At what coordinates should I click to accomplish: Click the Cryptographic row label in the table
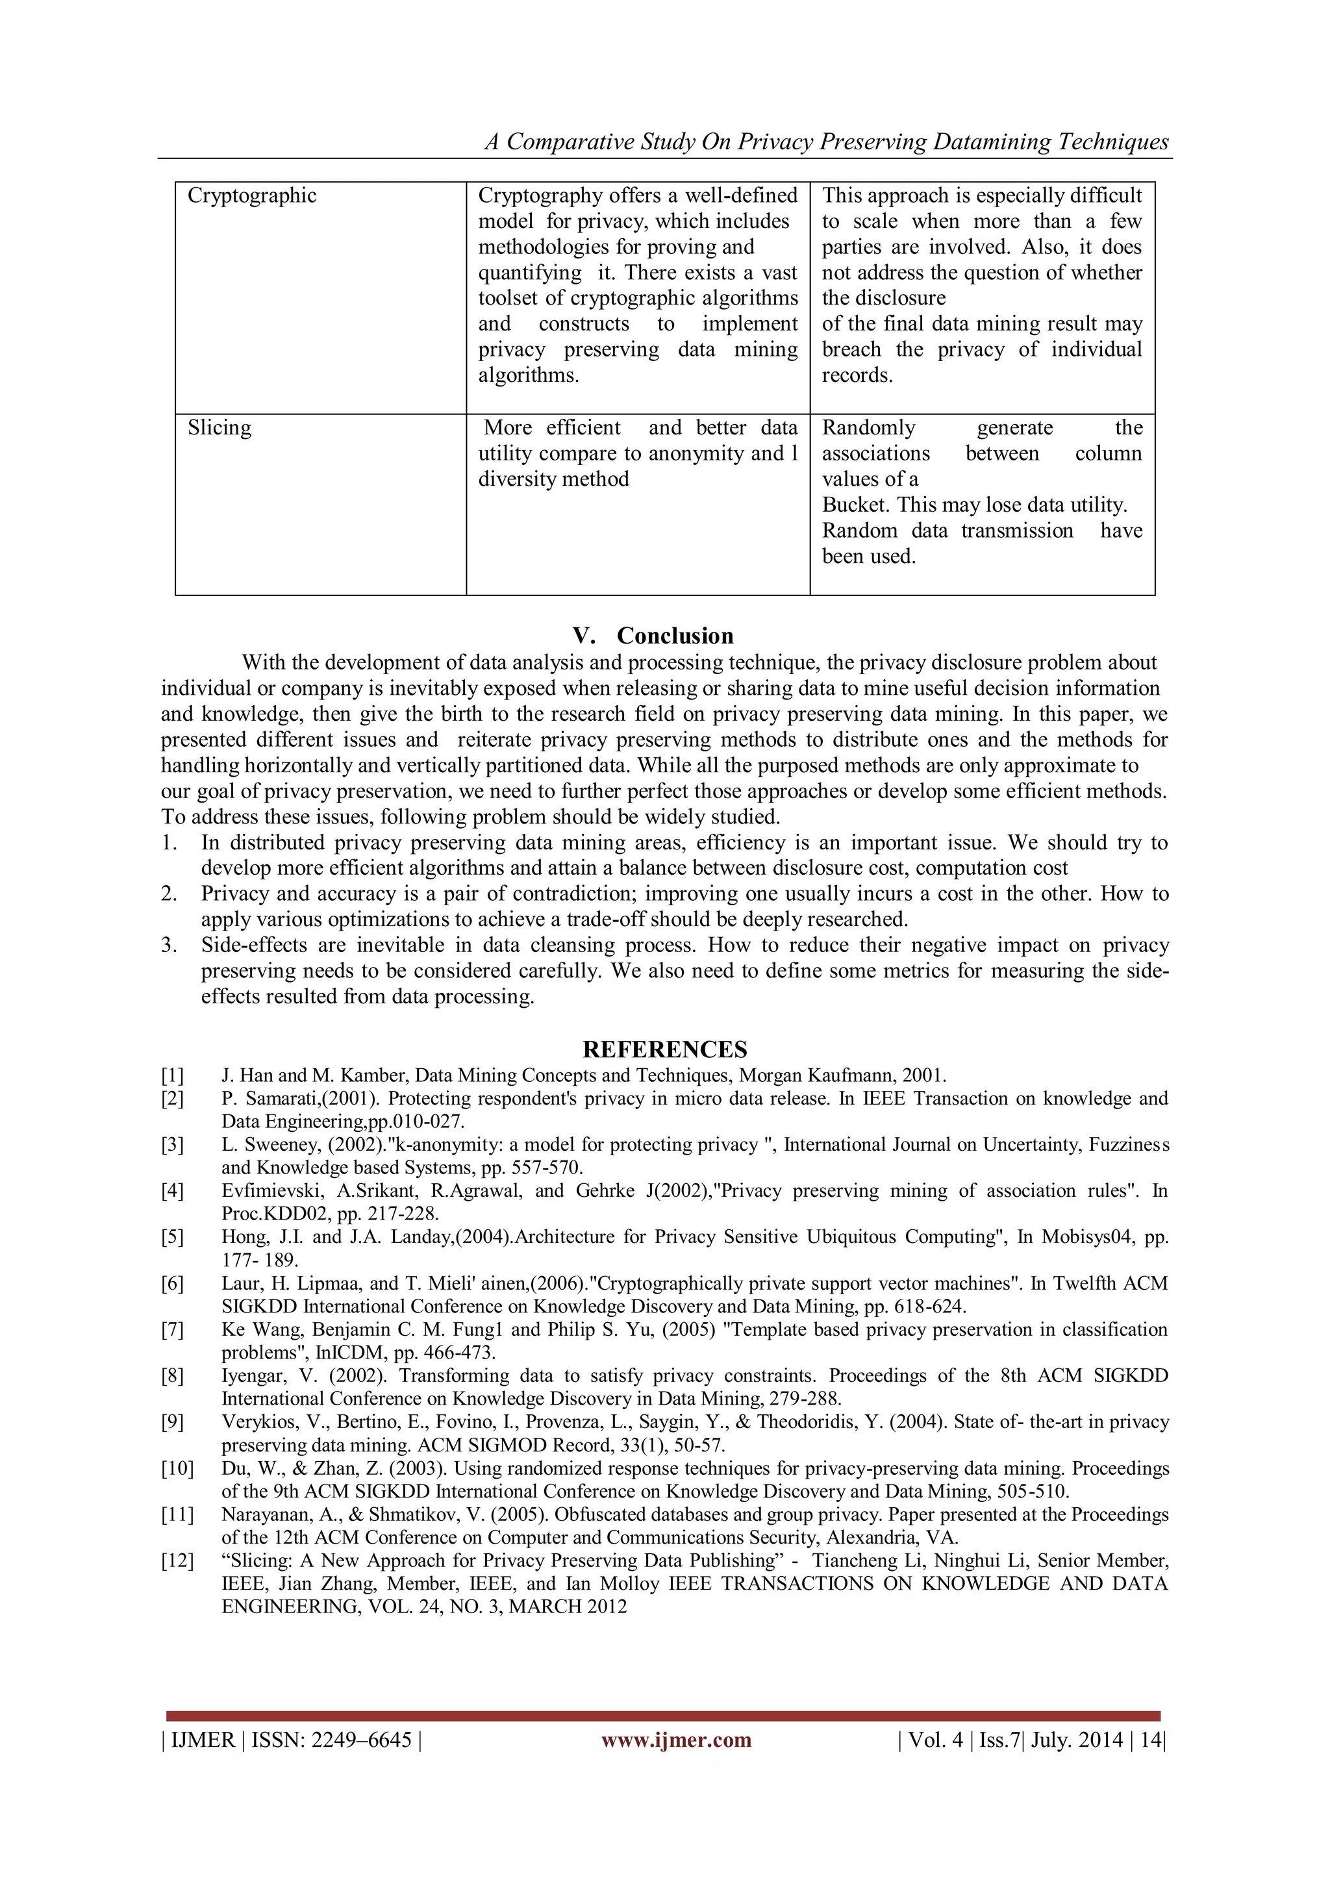251,195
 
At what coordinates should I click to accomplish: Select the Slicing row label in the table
219,427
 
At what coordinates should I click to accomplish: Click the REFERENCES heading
664,1049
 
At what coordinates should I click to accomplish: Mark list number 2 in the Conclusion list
169,894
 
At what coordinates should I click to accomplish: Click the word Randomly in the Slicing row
868,427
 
